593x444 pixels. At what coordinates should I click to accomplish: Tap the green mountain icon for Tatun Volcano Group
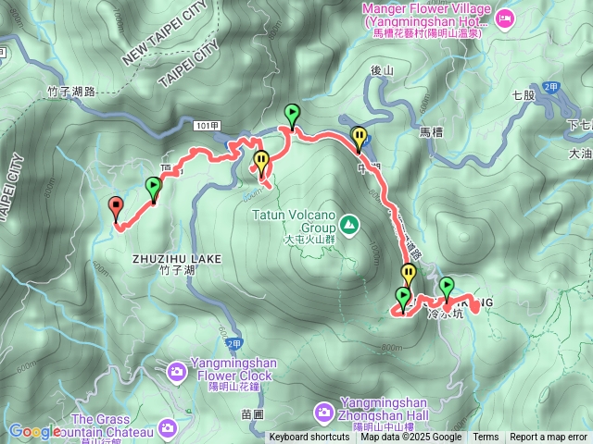(x=349, y=223)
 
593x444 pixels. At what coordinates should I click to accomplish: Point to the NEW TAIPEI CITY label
(x=166, y=33)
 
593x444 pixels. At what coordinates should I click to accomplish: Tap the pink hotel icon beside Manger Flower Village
(x=505, y=17)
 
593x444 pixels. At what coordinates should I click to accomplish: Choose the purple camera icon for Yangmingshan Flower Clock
(x=176, y=371)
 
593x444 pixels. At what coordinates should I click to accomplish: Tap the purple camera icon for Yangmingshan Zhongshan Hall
(x=324, y=410)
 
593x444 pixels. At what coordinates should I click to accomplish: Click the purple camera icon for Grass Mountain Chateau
(x=167, y=426)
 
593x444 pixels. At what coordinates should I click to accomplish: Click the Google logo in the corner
(x=34, y=431)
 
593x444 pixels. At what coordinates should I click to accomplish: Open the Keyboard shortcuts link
(x=309, y=438)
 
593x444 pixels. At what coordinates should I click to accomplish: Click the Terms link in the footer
(x=486, y=438)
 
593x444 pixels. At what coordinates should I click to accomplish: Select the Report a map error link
(x=549, y=438)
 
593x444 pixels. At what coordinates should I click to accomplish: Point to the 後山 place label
(x=382, y=69)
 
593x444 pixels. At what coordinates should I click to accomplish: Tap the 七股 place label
(x=524, y=94)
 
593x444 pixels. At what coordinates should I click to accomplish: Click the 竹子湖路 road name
(x=70, y=92)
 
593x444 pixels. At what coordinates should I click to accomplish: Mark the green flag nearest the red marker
(x=154, y=186)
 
